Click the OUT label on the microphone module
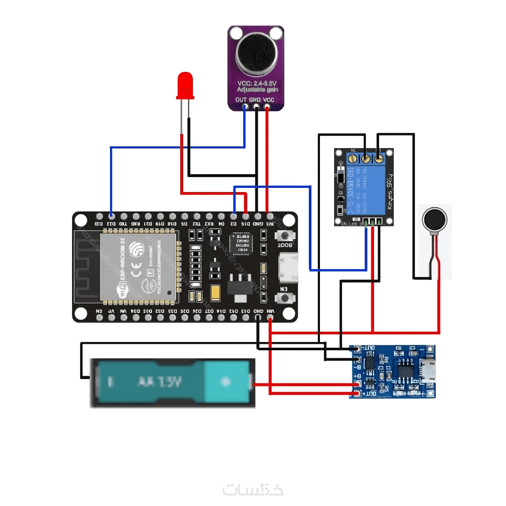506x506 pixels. tap(241, 100)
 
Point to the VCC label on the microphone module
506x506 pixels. tap(269, 100)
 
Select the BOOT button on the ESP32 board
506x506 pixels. tap(284, 236)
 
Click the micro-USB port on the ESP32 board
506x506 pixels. tap(289, 268)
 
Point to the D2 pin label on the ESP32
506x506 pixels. tap(233, 223)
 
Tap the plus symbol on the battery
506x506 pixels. tap(225, 382)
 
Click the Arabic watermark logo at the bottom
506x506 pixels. tap(253, 489)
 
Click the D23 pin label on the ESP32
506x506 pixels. tap(99, 223)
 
